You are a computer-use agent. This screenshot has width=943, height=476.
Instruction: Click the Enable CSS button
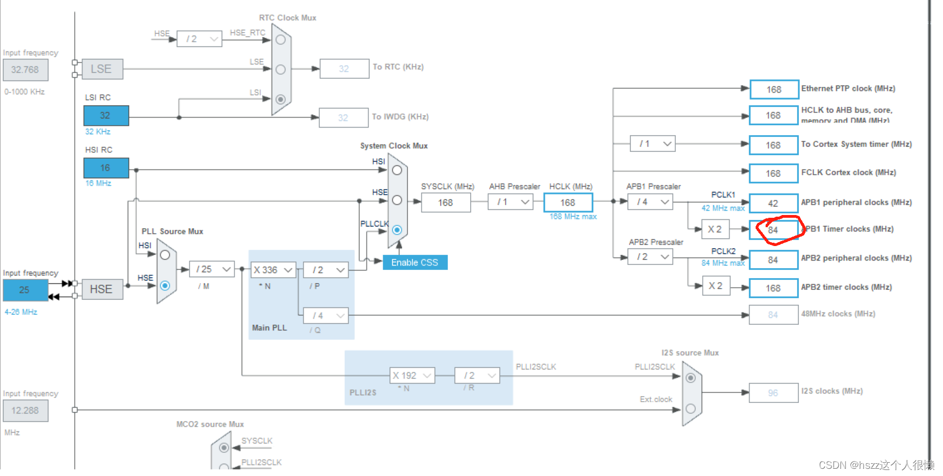(x=415, y=263)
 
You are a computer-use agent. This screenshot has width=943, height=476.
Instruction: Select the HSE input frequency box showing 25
(x=25, y=290)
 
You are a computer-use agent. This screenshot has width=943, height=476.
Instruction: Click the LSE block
(x=102, y=69)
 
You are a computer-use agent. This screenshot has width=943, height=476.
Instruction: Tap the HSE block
(x=102, y=289)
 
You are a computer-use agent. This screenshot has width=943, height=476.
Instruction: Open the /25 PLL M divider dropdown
(x=212, y=269)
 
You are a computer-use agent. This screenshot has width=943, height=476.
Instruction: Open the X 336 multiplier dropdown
(x=273, y=270)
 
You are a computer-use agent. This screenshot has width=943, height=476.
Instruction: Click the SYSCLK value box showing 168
(x=446, y=203)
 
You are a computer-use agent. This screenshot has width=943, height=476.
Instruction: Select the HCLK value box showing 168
(x=568, y=203)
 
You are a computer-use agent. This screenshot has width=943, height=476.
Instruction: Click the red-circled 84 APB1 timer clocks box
(x=773, y=230)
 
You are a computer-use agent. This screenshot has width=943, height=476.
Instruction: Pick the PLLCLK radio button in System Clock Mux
(x=397, y=229)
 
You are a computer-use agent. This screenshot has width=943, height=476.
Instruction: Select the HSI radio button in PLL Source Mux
(x=165, y=255)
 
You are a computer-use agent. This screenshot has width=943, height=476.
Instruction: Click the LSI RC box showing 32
(x=106, y=115)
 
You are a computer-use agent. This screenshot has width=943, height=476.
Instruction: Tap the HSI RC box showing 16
(x=106, y=168)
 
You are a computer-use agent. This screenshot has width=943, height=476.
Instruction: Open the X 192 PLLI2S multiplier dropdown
(x=412, y=376)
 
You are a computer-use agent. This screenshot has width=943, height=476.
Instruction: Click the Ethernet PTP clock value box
(x=774, y=89)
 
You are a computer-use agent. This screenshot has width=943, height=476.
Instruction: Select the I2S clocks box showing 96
(x=773, y=393)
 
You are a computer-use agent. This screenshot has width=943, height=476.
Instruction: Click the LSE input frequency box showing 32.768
(x=26, y=70)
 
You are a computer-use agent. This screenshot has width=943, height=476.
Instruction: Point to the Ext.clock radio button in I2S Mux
(x=691, y=408)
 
